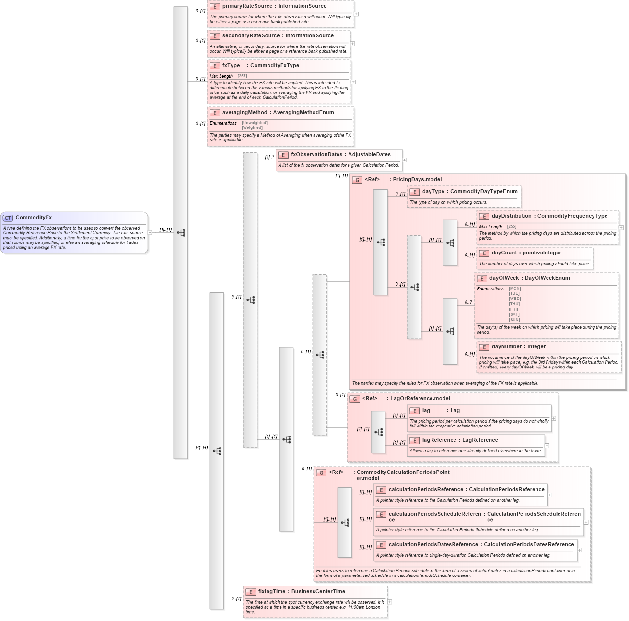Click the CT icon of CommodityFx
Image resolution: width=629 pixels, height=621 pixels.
(x=8, y=218)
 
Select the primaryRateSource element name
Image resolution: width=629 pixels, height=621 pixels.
(x=247, y=6)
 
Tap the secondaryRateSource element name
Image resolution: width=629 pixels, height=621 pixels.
(x=251, y=36)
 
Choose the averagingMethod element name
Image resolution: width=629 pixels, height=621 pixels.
(x=245, y=113)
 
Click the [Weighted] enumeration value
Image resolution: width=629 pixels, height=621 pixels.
(x=252, y=128)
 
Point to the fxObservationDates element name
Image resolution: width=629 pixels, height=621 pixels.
(x=316, y=155)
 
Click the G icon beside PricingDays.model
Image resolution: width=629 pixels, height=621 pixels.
(x=357, y=180)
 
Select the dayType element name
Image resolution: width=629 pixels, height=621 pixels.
(x=433, y=192)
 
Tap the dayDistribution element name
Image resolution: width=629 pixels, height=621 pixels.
(x=512, y=216)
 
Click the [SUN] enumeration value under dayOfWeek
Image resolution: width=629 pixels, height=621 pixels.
(x=514, y=320)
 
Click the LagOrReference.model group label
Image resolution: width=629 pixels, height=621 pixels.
(x=420, y=399)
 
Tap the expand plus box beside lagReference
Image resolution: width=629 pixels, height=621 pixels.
(x=547, y=446)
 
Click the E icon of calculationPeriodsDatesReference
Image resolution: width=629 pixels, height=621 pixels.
(x=381, y=545)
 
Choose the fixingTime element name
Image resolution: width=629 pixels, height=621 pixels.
(x=272, y=592)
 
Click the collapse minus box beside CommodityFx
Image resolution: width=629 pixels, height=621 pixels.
(x=150, y=233)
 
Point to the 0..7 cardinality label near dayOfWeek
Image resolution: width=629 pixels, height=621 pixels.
(x=468, y=302)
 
